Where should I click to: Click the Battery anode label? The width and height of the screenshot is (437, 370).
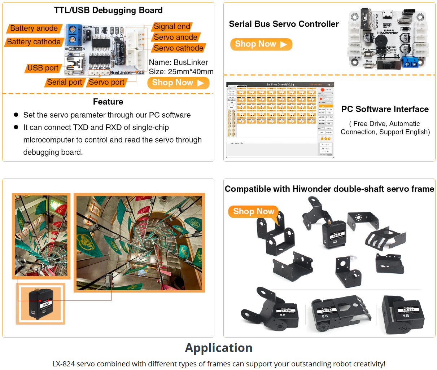click(34, 28)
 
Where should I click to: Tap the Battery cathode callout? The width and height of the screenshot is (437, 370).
click(34, 42)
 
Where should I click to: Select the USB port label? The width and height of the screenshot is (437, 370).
click(43, 68)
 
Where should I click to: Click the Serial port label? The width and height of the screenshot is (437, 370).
click(65, 82)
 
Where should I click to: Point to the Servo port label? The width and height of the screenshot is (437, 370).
click(106, 82)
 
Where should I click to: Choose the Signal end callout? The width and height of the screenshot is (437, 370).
click(172, 27)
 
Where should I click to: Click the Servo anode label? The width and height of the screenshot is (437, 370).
click(175, 38)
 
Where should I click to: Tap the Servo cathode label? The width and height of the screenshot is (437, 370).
click(178, 48)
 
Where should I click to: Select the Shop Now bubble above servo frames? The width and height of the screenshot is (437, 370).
click(254, 212)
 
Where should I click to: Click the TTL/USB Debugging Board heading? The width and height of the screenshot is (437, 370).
click(108, 10)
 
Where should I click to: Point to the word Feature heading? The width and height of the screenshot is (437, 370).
click(108, 102)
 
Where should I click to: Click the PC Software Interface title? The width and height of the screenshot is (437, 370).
click(385, 109)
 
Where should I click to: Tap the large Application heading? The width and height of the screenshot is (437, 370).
click(219, 348)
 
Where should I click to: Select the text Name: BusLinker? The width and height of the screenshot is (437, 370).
click(178, 62)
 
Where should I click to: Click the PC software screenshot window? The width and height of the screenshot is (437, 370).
click(280, 120)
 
